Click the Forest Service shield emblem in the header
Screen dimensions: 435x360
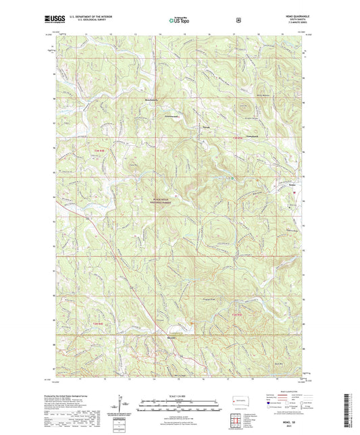[x=238, y=20]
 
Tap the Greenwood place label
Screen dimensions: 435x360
[x=157, y=116]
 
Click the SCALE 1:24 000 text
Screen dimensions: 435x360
[x=179, y=396]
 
